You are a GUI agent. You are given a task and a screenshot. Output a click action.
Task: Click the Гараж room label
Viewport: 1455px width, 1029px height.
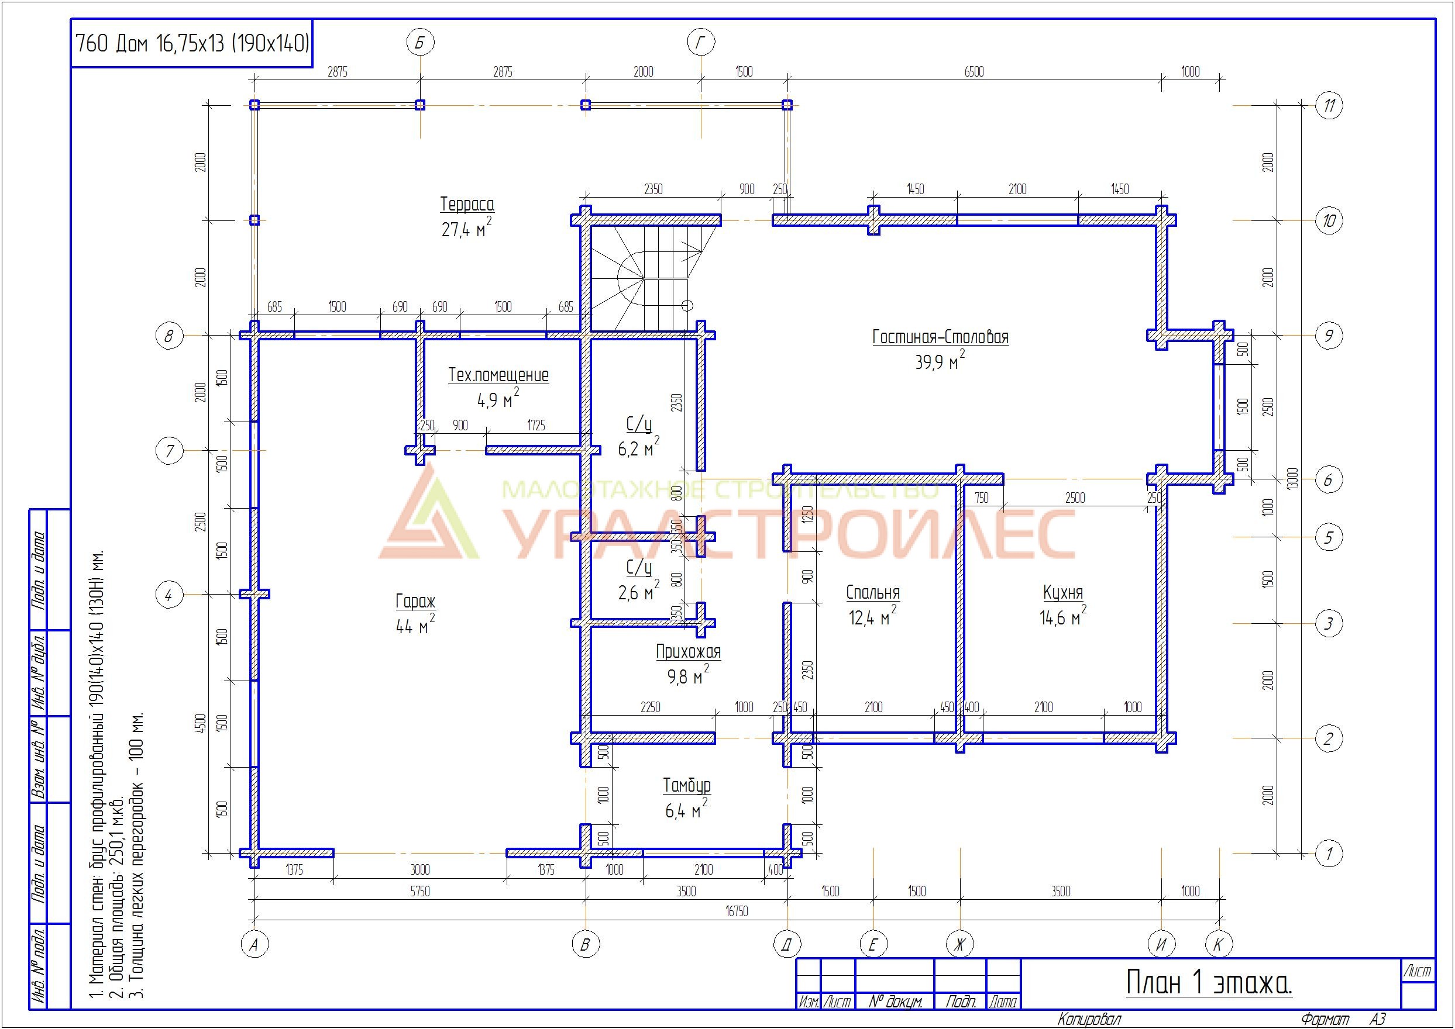click(x=415, y=600)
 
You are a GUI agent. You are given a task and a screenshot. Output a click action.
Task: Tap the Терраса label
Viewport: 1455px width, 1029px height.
click(x=467, y=204)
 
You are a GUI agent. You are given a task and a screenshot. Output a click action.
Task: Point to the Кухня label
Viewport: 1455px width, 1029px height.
click(x=1063, y=592)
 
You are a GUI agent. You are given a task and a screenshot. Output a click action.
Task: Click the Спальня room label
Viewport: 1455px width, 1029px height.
click(x=873, y=592)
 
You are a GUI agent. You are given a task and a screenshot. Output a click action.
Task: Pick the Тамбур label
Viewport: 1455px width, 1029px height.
click(x=687, y=786)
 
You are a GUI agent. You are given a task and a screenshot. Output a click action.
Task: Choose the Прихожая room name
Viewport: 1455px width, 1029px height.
click(x=689, y=651)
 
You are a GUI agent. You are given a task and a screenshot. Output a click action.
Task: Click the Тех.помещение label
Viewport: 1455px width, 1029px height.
click(x=499, y=375)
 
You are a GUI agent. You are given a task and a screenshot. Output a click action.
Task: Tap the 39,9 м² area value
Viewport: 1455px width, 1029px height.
click(x=940, y=361)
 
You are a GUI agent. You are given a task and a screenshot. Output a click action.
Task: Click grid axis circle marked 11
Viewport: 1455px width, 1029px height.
click(x=1329, y=105)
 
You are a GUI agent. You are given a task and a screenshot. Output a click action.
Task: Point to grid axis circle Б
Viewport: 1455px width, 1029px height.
click(x=419, y=43)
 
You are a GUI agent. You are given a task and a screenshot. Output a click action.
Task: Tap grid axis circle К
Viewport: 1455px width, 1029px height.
click(x=1218, y=945)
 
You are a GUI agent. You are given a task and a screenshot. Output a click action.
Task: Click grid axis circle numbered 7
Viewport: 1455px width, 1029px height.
click(x=169, y=451)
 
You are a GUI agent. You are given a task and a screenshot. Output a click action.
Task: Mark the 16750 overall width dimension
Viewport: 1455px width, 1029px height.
click(x=737, y=911)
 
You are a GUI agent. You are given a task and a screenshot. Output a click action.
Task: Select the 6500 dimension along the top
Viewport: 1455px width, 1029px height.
click(x=975, y=71)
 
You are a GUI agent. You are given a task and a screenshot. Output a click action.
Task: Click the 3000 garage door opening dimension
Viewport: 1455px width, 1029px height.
click(x=420, y=870)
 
